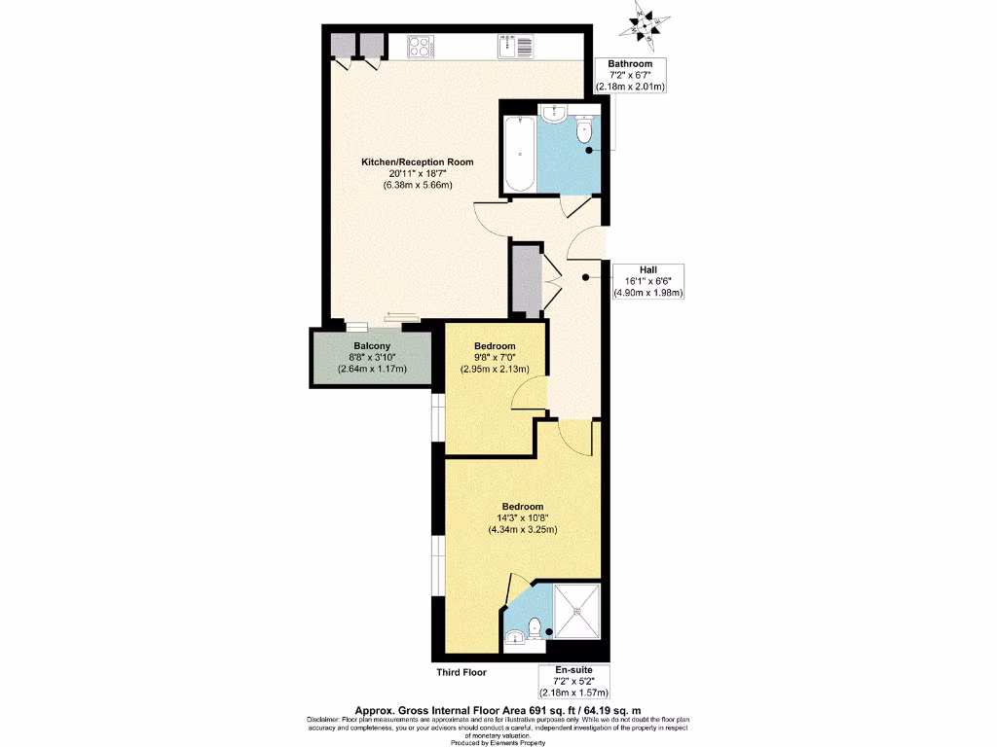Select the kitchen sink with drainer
coord(513,46)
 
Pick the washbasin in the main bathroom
coord(551,114)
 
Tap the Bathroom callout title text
coord(630,64)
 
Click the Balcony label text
coord(372,346)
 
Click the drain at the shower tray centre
coord(576,611)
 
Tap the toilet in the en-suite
coord(537,629)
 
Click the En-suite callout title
coord(573,671)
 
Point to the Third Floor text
coord(461,672)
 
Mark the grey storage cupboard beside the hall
coord(525,279)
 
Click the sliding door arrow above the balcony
coord(400,314)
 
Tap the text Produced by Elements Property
coord(498,737)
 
